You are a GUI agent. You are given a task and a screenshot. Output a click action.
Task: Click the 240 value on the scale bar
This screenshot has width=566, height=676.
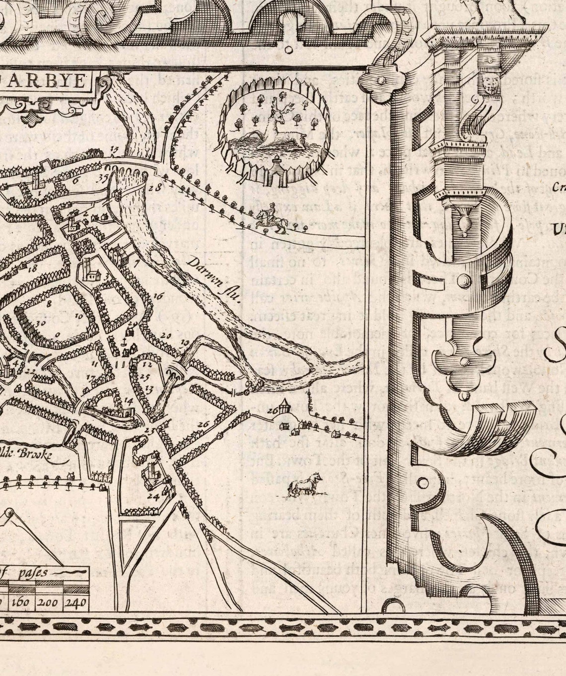pyautogui.click(x=76, y=603)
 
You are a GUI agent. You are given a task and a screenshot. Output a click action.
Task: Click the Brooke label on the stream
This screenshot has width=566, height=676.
pyautogui.click(x=35, y=453)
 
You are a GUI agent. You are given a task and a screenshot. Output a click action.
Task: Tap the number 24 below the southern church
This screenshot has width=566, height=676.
pyautogui.click(x=152, y=496)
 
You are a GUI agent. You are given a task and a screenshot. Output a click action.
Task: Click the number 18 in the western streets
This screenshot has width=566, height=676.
pyautogui.click(x=33, y=269)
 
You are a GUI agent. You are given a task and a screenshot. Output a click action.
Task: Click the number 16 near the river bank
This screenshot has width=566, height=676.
pyautogui.click(x=158, y=297)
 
